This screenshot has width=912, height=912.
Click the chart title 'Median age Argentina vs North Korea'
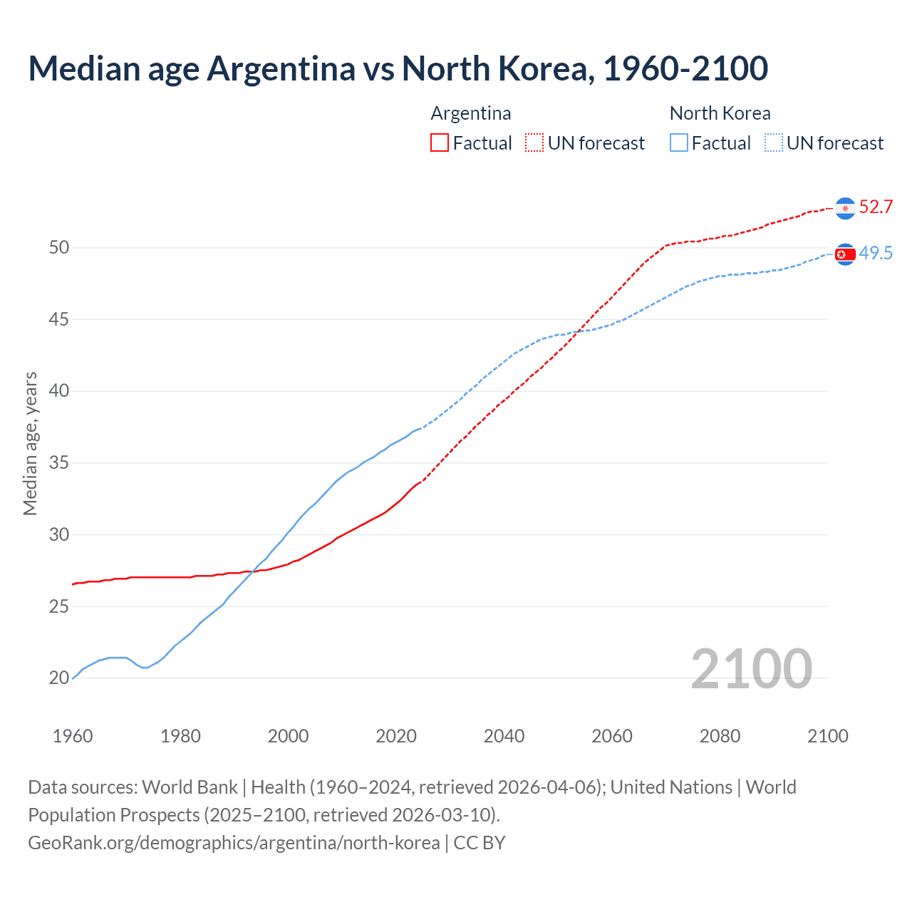tap(398, 69)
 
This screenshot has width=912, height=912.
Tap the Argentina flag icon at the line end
tap(845, 207)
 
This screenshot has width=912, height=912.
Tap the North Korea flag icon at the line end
tap(845, 254)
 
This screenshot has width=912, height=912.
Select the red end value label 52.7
tap(876, 207)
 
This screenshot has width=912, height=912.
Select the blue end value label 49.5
tap(876, 254)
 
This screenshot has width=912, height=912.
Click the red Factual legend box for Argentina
tap(440, 143)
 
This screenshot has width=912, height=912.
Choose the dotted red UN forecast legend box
tap(534, 143)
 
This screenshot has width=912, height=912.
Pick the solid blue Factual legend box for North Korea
tap(679, 143)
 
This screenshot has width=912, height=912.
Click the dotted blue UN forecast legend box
tap(774, 143)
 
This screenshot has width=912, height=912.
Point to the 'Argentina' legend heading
tap(471, 113)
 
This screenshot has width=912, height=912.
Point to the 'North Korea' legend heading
tap(720, 113)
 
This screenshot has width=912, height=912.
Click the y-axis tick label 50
tap(59, 248)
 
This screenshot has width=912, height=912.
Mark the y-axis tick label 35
tap(59, 463)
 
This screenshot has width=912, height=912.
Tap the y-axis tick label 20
tap(59, 678)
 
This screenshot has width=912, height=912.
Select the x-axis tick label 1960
tap(73, 736)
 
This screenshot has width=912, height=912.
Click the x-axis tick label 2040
tap(504, 736)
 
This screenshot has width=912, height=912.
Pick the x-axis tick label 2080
tap(720, 736)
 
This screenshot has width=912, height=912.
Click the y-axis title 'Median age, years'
tap(30, 443)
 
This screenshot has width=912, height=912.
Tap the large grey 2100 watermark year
tap(751, 669)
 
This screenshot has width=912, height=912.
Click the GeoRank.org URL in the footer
tap(234, 843)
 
